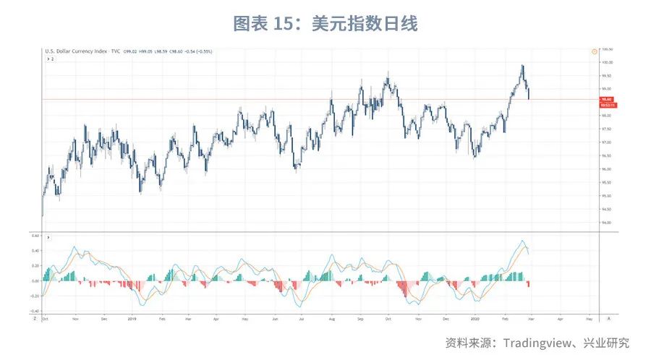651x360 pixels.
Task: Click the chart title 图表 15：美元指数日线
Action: pyautogui.click(x=325, y=24)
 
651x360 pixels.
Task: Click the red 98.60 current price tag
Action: pyautogui.click(x=606, y=99)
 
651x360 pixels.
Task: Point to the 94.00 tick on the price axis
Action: pyautogui.click(x=606, y=223)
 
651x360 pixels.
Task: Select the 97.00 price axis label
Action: pyautogui.click(x=606, y=142)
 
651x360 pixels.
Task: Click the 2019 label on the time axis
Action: pyautogui.click(x=132, y=317)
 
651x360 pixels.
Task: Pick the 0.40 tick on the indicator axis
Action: pyautogui.click(x=35, y=251)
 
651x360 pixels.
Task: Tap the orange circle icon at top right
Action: pyautogui.click(x=593, y=51)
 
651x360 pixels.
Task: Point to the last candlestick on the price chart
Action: pyautogui.click(x=529, y=92)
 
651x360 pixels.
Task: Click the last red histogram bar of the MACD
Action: pyautogui.click(x=529, y=284)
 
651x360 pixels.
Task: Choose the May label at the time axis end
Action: pyautogui.click(x=588, y=317)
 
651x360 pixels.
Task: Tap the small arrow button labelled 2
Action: pyautogui.click(x=50, y=59)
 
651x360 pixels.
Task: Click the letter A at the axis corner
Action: pyautogui.click(x=609, y=317)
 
